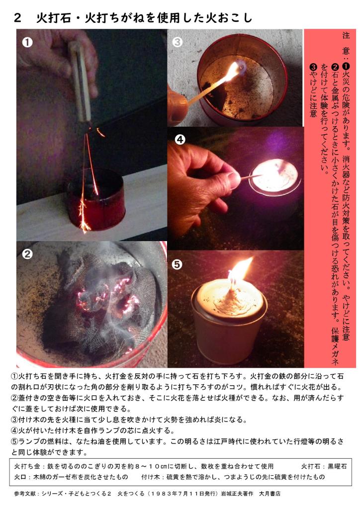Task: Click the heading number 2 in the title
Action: click(17, 18)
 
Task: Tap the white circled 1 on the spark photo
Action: click(27, 42)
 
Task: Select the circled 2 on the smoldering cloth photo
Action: click(27, 254)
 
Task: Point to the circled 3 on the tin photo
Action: click(177, 42)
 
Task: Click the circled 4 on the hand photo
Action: click(180, 140)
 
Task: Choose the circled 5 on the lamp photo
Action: click(177, 264)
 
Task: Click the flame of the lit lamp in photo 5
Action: click(240, 270)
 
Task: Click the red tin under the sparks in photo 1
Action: click(96, 201)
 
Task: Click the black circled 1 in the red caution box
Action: click(346, 67)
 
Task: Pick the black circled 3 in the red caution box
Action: click(313, 67)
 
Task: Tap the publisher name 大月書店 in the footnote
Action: click(270, 494)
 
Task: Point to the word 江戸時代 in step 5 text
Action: click(227, 441)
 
